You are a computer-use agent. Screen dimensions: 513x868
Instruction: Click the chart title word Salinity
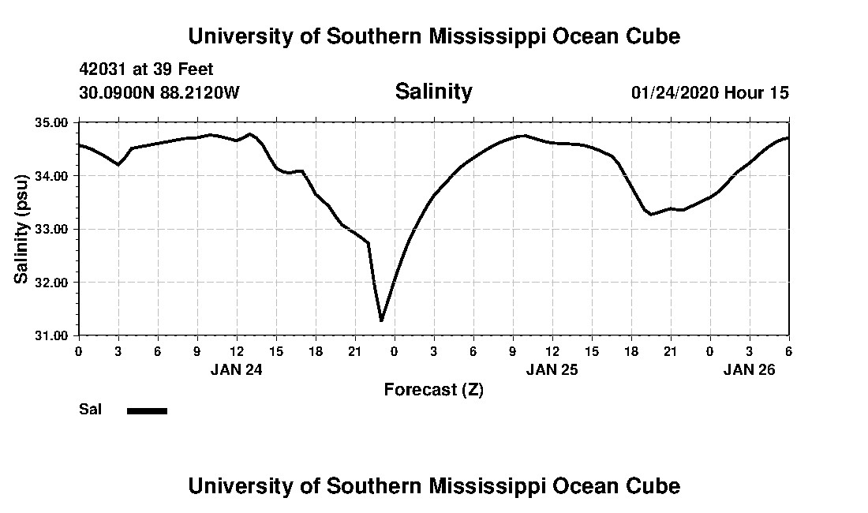[x=433, y=92]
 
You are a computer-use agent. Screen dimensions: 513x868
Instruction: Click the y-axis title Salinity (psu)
[x=22, y=229]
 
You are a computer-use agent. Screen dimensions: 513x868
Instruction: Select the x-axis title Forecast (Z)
[x=433, y=389]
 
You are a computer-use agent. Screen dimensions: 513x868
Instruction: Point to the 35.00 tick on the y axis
[x=51, y=122]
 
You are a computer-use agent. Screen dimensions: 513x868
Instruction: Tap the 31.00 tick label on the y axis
[x=51, y=335]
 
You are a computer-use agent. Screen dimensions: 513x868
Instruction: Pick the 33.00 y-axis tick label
[x=51, y=229]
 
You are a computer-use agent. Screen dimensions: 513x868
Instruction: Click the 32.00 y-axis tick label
[x=51, y=283]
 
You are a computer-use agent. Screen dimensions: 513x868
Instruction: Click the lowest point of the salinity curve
[x=381, y=320]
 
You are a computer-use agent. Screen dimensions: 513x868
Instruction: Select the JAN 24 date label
[x=236, y=369]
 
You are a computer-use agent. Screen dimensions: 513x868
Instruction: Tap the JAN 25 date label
[x=552, y=369]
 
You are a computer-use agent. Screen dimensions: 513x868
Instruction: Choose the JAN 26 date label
[x=749, y=369]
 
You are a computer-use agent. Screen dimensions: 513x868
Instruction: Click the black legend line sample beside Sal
[x=147, y=410]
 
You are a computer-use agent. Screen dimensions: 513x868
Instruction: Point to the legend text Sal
[x=90, y=410]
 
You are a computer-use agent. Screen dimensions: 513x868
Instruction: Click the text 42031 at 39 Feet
[x=146, y=70]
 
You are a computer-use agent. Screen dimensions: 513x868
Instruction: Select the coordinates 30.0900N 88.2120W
[x=159, y=93]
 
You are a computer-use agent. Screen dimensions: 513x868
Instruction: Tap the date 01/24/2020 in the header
[x=675, y=93]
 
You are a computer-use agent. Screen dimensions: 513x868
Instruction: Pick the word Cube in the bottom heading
[x=657, y=485]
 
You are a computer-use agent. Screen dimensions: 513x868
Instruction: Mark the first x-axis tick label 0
[x=78, y=350]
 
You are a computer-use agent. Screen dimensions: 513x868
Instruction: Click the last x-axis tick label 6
[x=788, y=350]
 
